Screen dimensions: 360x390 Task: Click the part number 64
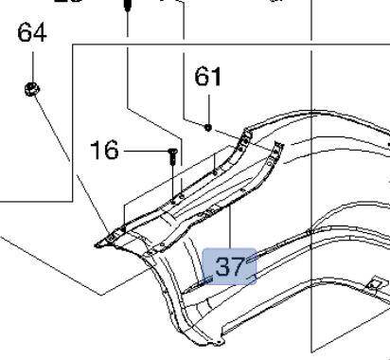32,35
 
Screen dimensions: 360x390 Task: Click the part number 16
105,150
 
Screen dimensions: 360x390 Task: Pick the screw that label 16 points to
172,155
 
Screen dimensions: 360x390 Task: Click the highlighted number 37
230,266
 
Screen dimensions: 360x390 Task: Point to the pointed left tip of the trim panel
100,243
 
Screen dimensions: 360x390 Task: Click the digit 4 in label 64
39,35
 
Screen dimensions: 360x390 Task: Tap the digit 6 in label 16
113,150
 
